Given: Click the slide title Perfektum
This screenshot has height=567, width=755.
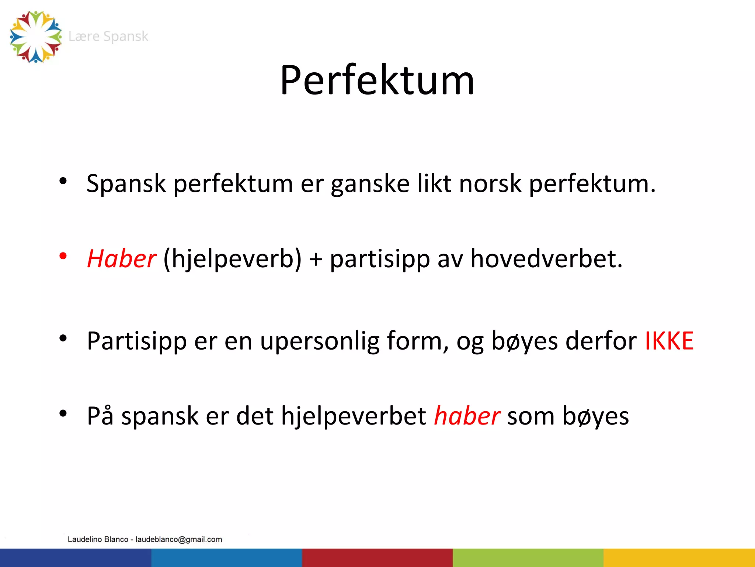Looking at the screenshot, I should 377,80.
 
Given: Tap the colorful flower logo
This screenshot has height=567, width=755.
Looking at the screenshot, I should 36,37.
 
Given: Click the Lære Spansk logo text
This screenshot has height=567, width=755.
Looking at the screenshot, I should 108,37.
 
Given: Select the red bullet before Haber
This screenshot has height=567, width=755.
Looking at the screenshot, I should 63,256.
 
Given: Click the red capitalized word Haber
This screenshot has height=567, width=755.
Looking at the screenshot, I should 121,258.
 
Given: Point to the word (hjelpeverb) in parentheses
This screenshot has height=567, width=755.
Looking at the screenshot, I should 232,259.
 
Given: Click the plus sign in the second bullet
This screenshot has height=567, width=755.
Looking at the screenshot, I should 316,259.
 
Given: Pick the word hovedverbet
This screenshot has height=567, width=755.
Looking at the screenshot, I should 546,258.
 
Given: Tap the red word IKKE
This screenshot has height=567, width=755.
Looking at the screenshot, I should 669,340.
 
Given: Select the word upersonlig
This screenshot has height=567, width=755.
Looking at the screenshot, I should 320,341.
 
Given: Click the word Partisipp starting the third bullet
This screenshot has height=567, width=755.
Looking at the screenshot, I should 137,341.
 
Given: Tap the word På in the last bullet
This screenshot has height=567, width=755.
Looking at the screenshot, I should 100,416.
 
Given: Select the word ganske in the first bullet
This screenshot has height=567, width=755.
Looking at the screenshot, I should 370,184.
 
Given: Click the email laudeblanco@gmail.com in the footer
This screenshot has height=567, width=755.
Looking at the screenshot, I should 179,539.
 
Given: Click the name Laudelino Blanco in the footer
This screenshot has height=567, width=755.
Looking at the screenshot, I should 98,539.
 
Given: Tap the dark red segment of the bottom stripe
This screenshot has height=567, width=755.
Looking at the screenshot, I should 377,558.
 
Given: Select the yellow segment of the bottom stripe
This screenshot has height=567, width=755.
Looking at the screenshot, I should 679,558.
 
